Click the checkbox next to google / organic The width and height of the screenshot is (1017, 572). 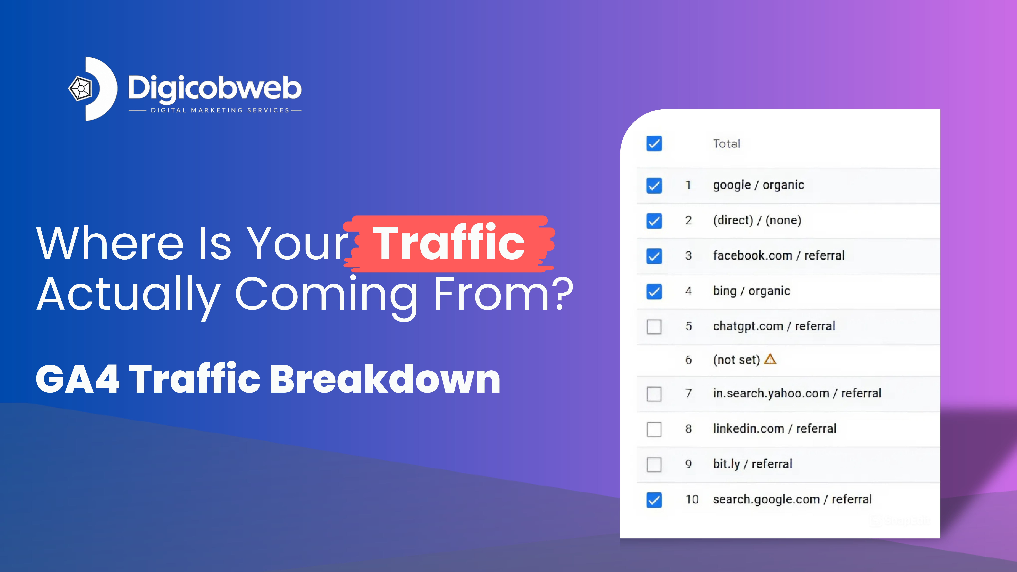[654, 185]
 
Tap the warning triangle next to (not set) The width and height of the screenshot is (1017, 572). [770, 359]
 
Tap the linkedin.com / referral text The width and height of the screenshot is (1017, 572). [774, 429]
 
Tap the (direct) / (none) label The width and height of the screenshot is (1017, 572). [757, 220]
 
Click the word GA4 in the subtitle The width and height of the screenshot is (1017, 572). [77, 380]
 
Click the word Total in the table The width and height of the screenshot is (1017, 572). [726, 144]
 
